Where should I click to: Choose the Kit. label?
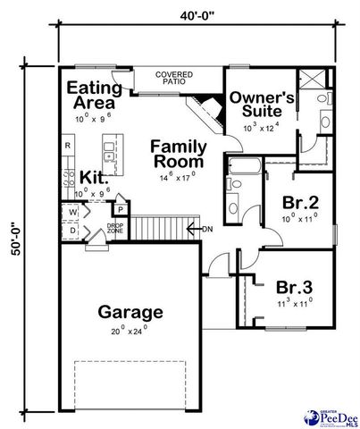94,177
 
